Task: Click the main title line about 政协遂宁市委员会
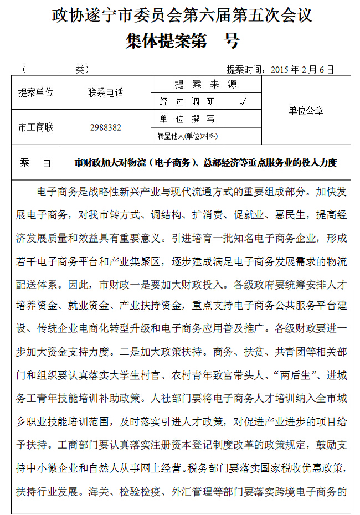click(x=182, y=15)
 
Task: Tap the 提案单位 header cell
click(x=36, y=92)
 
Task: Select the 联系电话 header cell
click(x=105, y=92)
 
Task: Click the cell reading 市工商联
click(x=36, y=127)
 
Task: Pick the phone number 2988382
click(x=105, y=127)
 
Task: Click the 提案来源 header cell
click(x=205, y=84)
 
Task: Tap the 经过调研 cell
click(x=187, y=101)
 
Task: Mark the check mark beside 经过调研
click(x=242, y=101)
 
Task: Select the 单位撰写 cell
click(x=187, y=119)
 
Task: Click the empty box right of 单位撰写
click(x=242, y=119)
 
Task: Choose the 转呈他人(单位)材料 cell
click(x=187, y=136)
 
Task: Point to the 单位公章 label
click(x=306, y=110)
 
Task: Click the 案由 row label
click(x=35, y=163)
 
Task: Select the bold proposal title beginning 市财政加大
click(x=205, y=163)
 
